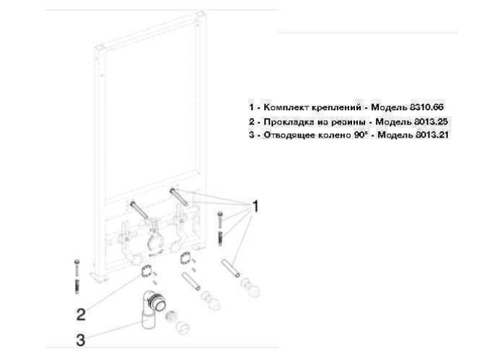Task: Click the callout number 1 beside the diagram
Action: tap(255, 207)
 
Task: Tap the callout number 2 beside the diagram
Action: tap(81, 315)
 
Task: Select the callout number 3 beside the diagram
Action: tap(81, 340)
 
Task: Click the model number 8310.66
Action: tap(426, 107)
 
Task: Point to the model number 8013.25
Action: tap(431, 122)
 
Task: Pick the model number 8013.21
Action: tap(431, 135)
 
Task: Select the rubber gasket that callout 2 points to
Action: tap(147, 270)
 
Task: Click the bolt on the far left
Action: tap(77, 276)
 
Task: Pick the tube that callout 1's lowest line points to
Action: tap(230, 269)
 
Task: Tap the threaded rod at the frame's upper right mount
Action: tap(179, 197)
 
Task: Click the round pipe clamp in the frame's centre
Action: tap(156, 241)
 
